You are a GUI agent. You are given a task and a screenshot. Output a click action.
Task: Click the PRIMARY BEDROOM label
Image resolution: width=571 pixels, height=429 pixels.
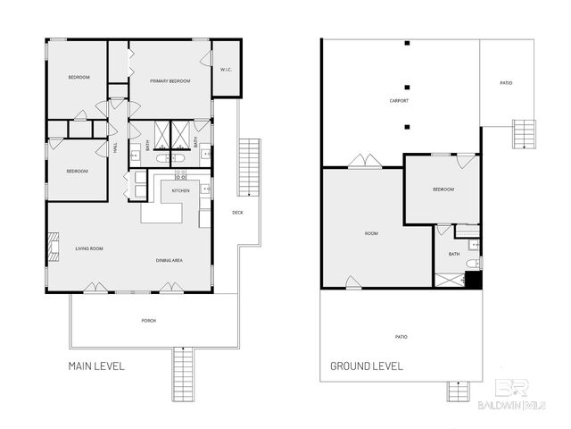pos(170,81)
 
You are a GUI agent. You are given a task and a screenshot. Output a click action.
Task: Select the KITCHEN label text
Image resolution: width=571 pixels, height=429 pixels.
pos(180,191)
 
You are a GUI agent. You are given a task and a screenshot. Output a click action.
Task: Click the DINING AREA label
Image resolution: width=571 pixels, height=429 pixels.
pos(170,260)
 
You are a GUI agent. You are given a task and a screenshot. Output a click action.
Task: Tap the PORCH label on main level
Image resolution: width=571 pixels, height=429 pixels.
pos(148,320)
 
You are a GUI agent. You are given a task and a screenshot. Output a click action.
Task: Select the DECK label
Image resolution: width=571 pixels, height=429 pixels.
pos(237,213)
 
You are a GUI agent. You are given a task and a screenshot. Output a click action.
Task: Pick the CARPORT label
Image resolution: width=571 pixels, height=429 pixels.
pos(400,101)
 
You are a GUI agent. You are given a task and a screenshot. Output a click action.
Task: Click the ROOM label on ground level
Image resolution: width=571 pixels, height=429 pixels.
pos(371,233)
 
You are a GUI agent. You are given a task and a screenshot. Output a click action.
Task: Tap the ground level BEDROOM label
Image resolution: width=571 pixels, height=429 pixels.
pos(443,189)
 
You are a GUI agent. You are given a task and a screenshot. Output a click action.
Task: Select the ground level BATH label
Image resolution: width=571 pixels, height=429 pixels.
pos(454,254)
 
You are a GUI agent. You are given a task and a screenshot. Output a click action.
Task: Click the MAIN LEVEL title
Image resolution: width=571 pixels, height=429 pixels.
pos(96,366)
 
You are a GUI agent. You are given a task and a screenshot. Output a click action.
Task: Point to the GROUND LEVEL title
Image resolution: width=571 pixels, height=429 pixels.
pos(366,366)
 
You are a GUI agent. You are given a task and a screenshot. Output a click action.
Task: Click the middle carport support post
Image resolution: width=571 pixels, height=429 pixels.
pos(406,87)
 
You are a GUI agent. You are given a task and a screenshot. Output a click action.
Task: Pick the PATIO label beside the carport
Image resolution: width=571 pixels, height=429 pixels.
pos(506,83)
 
